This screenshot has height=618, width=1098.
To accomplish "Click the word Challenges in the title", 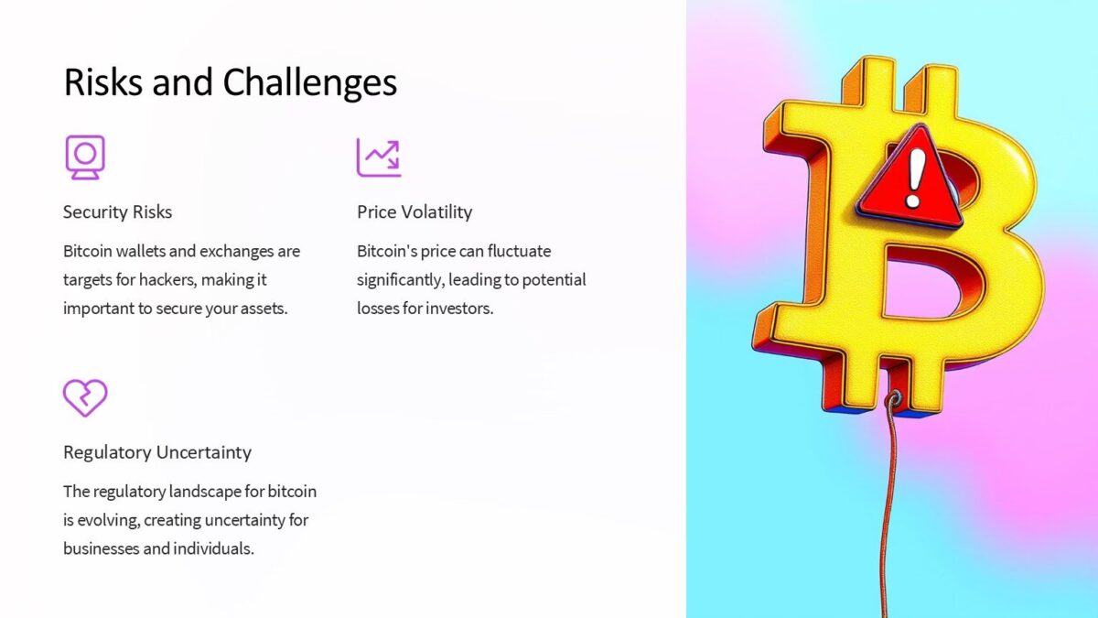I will pos(310,83).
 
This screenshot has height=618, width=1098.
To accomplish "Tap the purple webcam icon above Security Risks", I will pos(84,157).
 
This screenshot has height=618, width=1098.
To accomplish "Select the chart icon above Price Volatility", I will pos(379,157).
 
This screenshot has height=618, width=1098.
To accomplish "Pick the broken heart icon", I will pos(85,397).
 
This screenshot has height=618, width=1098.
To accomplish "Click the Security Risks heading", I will pos(117,212).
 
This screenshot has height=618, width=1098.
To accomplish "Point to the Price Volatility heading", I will pos(414,212).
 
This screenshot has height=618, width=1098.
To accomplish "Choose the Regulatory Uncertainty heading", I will pos(156,452).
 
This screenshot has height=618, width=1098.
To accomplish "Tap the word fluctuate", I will pos(520,251).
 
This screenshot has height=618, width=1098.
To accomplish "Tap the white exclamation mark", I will pos(913,177).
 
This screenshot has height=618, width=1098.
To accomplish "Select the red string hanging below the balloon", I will pos(883,513).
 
